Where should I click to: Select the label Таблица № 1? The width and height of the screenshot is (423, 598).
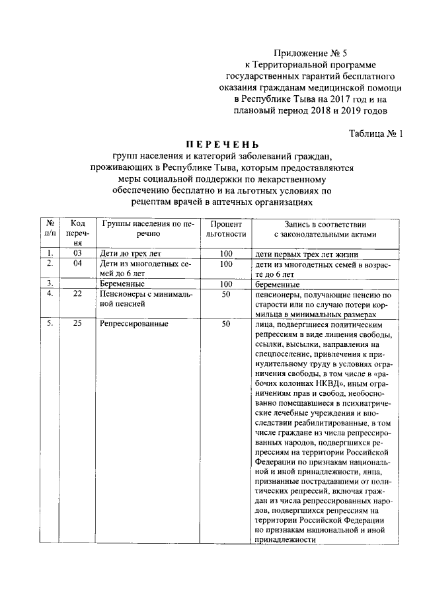tap(375, 133)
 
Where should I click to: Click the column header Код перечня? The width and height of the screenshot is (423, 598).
tap(78, 233)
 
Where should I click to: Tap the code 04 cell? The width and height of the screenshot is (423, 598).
tap(78, 263)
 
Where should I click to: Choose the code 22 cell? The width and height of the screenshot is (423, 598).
tap(78, 294)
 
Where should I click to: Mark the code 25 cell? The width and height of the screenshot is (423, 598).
tap(78, 324)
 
